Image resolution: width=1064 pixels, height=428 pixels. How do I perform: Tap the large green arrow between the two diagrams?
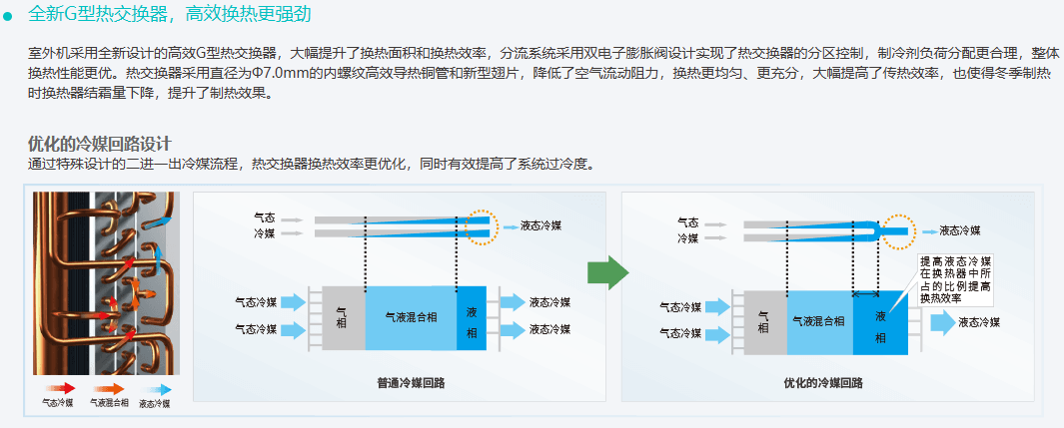point(606,271)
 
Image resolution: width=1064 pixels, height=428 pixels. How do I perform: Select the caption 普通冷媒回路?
point(411,381)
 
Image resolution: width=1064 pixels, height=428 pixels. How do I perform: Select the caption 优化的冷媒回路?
point(823,382)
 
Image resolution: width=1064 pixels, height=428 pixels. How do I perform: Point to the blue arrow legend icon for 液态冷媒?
point(157,389)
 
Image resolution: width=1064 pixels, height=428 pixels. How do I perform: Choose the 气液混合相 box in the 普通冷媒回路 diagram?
point(411,317)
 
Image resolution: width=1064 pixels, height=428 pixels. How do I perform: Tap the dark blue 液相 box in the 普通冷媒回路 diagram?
point(471,317)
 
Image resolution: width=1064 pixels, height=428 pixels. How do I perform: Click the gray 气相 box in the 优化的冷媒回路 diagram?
point(764,320)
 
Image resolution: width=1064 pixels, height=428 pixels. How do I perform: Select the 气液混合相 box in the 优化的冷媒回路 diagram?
point(819,320)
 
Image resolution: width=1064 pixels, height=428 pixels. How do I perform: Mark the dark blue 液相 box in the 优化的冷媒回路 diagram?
point(880,321)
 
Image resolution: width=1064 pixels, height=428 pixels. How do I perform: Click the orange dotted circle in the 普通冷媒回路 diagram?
point(482,226)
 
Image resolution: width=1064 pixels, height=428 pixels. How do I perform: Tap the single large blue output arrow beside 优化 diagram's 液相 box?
point(942,322)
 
